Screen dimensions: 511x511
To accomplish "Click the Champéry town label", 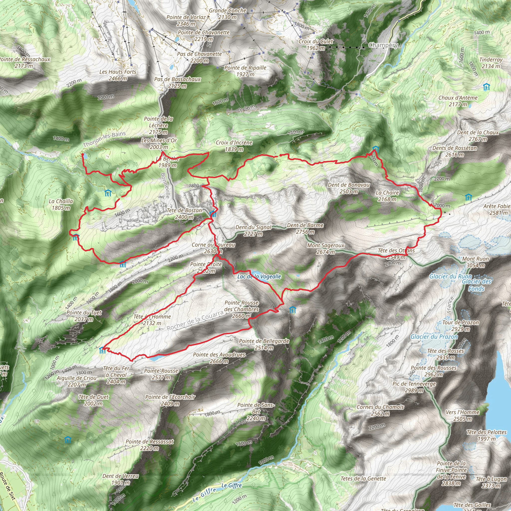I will (x=383, y=45).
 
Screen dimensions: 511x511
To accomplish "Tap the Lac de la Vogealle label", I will (x=259, y=277).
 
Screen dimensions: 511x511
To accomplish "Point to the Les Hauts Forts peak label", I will (x=118, y=75).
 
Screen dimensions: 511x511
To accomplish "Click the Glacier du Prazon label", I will (x=434, y=337).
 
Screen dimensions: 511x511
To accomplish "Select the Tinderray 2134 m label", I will (x=491, y=63).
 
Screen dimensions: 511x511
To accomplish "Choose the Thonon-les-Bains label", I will (x=104, y=139).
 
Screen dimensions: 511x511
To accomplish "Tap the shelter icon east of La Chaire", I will (x=468, y=198).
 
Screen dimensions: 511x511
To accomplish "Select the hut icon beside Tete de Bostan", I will (x=213, y=214).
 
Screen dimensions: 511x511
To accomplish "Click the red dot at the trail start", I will (x=83, y=154).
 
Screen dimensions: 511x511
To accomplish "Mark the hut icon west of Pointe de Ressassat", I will (x=68, y=440).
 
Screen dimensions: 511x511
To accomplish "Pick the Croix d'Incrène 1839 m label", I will (x=234, y=146).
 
